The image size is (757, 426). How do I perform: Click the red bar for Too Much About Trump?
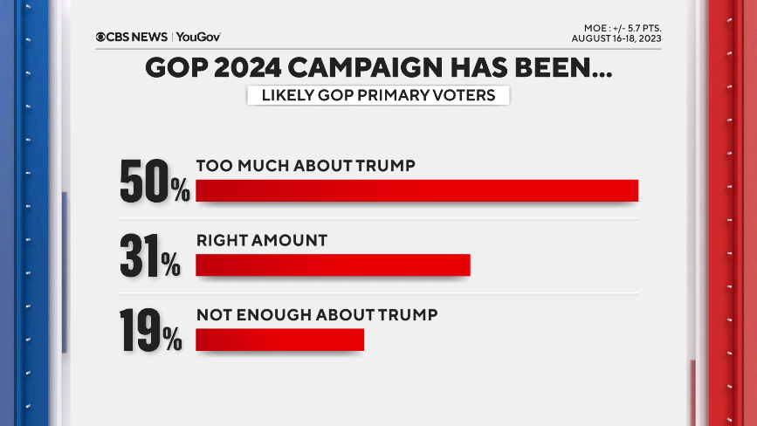click(416, 190)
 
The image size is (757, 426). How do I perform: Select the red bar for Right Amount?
click(333, 265)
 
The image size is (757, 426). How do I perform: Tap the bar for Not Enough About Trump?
click(279, 340)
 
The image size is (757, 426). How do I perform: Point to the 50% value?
click(155, 182)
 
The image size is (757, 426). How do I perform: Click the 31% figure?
click(150, 257)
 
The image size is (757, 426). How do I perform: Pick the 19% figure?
click(151, 331)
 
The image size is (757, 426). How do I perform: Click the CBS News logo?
click(133, 37)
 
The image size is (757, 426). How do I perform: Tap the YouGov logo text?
click(199, 37)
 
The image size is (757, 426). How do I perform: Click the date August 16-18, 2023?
click(616, 38)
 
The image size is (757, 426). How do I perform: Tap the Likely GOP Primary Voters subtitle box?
click(378, 96)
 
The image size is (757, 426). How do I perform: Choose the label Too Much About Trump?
click(305, 165)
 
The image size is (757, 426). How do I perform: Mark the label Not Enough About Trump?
click(316, 314)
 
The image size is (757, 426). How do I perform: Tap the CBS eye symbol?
click(101, 37)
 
